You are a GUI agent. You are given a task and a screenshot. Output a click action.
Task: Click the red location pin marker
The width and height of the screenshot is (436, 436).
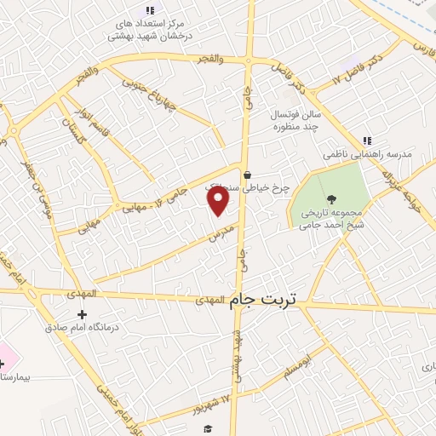pos(219,199)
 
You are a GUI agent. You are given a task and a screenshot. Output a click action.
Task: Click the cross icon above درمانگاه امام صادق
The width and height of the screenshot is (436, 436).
pos(82,314)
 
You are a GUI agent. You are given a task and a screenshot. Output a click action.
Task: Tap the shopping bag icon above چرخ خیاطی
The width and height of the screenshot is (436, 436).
pos(247,175)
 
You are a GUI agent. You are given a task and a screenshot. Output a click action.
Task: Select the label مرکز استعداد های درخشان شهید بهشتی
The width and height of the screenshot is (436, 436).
pos(150,30)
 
